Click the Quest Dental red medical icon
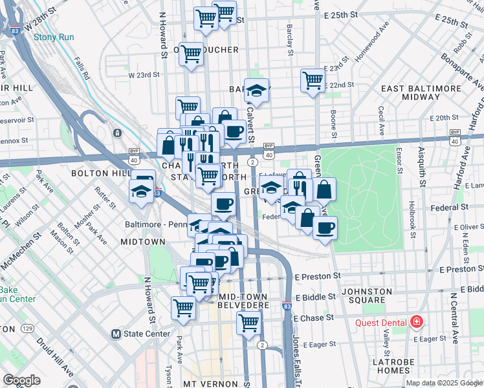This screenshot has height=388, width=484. click(x=416, y=322)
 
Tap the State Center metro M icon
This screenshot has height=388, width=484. click(x=116, y=334)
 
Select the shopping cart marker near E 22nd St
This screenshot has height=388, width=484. click(x=313, y=81)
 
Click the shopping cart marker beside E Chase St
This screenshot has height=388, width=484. click(x=248, y=322)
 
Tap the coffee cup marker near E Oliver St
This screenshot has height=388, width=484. click(x=325, y=227)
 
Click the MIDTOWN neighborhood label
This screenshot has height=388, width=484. click(x=143, y=241)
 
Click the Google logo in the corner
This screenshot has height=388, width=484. click(x=21, y=380)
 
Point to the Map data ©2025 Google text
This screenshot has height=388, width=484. click(x=444, y=383)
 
